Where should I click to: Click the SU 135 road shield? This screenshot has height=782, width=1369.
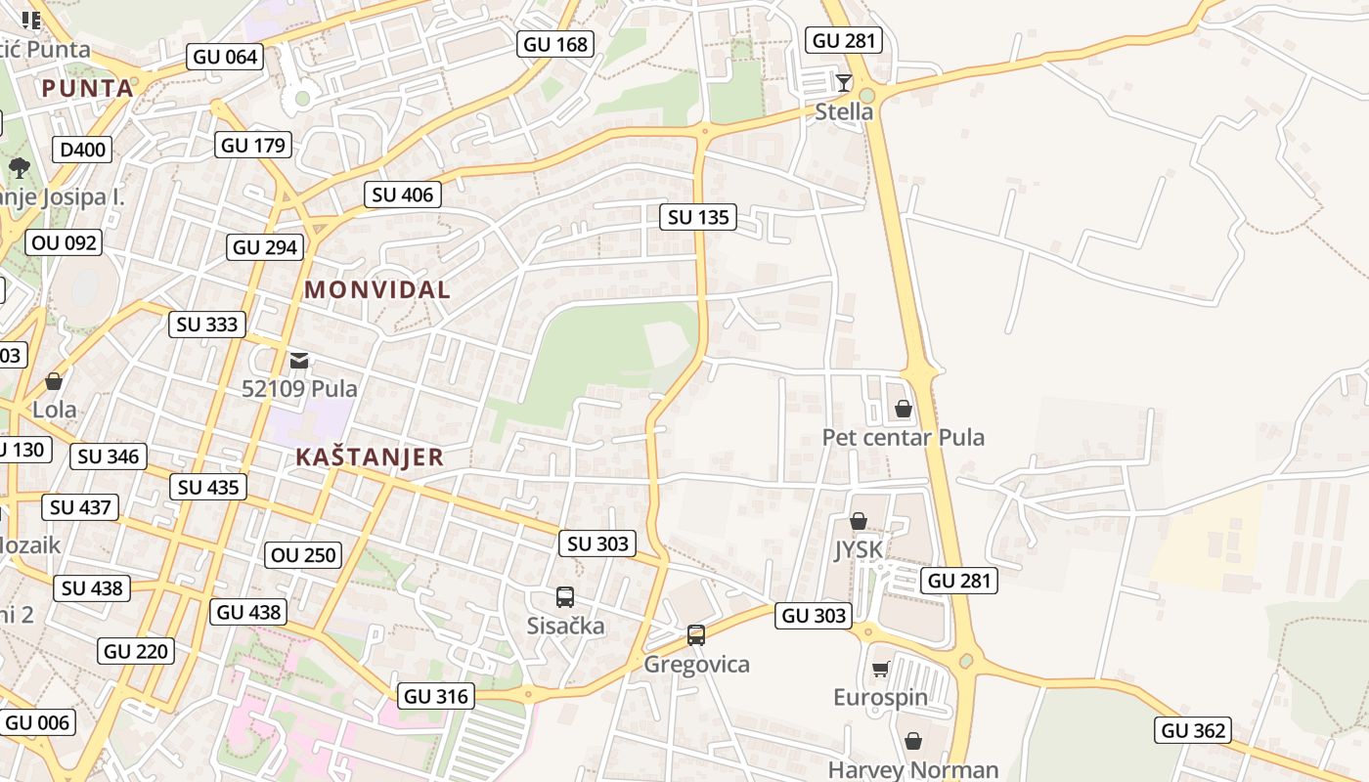tap(698, 217)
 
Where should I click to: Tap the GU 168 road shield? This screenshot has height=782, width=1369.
tap(555, 44)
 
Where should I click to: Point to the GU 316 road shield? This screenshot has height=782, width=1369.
tap(438, 696)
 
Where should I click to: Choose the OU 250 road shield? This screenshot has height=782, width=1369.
tap(304, 555)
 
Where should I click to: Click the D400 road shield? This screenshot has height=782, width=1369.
tap(83, 150)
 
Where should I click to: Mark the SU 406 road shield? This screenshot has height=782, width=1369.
tap(403, 195)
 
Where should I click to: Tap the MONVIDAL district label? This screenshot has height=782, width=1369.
tap(377, 289)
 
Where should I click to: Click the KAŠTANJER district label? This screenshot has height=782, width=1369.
tap(370, 457)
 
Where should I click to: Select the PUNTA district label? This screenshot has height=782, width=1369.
tap(87, 88)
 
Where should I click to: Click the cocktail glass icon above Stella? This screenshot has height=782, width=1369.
tap(843, 82)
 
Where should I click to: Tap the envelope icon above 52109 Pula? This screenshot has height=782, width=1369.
tap(299, 361)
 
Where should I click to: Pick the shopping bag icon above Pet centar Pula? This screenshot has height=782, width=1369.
tap(903, 408)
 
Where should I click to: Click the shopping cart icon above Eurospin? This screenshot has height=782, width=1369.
tap(880, 670)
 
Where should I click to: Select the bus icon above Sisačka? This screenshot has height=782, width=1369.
tap(564, 597)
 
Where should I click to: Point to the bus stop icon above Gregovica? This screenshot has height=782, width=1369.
tap(695, 635)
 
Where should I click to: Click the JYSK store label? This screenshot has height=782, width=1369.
tap(859, 550)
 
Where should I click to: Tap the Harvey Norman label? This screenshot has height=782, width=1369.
tap(913, 770)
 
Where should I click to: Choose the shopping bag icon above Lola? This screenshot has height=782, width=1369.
tap(54, 381)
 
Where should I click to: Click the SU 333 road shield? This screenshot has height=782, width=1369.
tap(207, 325)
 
